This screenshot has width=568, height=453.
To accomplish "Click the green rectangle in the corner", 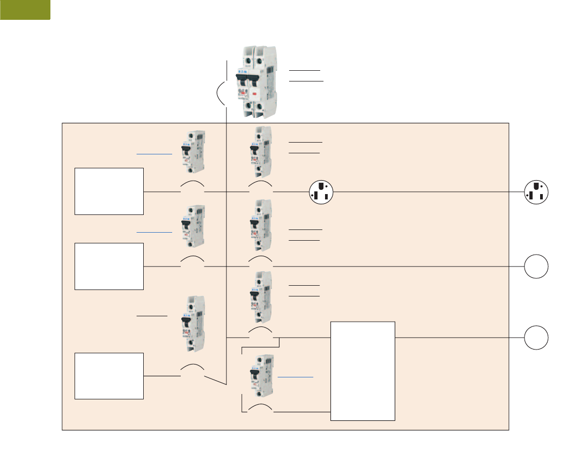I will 25,10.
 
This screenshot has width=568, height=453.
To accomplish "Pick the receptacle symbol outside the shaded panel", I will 536,191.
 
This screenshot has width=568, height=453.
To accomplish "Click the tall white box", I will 363,371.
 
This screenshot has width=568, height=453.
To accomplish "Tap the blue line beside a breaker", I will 296,377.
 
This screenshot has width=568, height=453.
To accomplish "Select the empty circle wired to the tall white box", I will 536,338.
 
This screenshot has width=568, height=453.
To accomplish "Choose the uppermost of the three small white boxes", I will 109,191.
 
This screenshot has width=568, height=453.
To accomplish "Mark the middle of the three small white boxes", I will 109,266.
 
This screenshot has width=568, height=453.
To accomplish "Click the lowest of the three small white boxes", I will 109,376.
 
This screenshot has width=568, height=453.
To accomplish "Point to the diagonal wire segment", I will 216,380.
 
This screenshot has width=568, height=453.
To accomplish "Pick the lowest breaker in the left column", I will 191,324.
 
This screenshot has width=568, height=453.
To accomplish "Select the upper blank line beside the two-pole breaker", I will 304,70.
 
